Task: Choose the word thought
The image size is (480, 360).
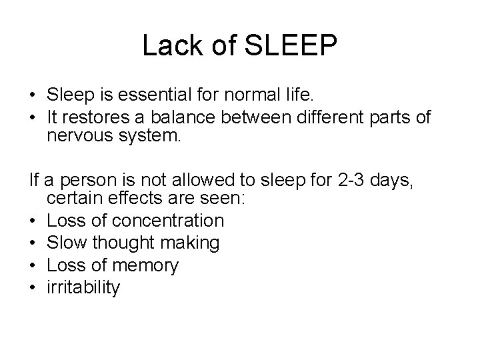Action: pyautogui.click(x=125, y=243)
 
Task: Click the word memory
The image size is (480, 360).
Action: pyautogui.click(x=145, y=266)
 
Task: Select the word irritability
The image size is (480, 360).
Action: pyautogui.click(x=83, y=288)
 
